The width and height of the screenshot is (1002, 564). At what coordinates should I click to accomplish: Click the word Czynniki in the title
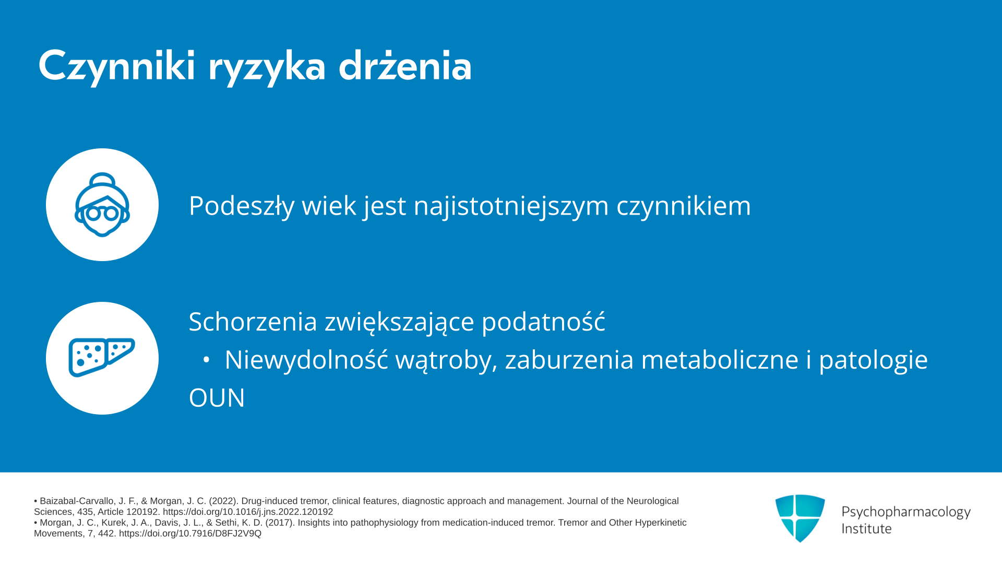point(117,66)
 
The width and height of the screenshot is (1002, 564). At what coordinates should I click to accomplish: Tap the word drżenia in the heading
point(405,65)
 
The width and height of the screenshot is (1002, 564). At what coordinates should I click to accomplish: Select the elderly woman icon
point(102,205)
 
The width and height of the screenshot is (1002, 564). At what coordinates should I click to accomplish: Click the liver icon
point(102,358)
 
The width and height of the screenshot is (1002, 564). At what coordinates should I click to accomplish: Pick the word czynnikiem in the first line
point(684,205)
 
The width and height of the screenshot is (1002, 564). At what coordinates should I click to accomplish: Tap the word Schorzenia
point(253,321)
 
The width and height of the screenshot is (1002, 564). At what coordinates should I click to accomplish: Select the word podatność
point(543,321)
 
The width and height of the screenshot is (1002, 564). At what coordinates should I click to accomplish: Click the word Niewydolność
point(306,359)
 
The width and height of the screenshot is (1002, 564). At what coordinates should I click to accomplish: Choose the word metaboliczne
point(720,359)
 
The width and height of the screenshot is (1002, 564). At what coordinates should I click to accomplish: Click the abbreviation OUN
point(217,398)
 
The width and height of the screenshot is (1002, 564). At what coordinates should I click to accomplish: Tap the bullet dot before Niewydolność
point(206,360)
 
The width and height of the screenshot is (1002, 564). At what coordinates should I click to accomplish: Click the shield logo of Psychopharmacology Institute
point(800,518)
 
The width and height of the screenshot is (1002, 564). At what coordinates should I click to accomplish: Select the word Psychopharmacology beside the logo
point(906,512)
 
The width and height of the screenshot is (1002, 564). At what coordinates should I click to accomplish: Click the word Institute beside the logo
point(867,528)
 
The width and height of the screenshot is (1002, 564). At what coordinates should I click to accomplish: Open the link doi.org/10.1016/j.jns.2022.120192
point(248,512)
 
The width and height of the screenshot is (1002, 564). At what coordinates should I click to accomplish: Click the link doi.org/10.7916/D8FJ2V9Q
point(190,533)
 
